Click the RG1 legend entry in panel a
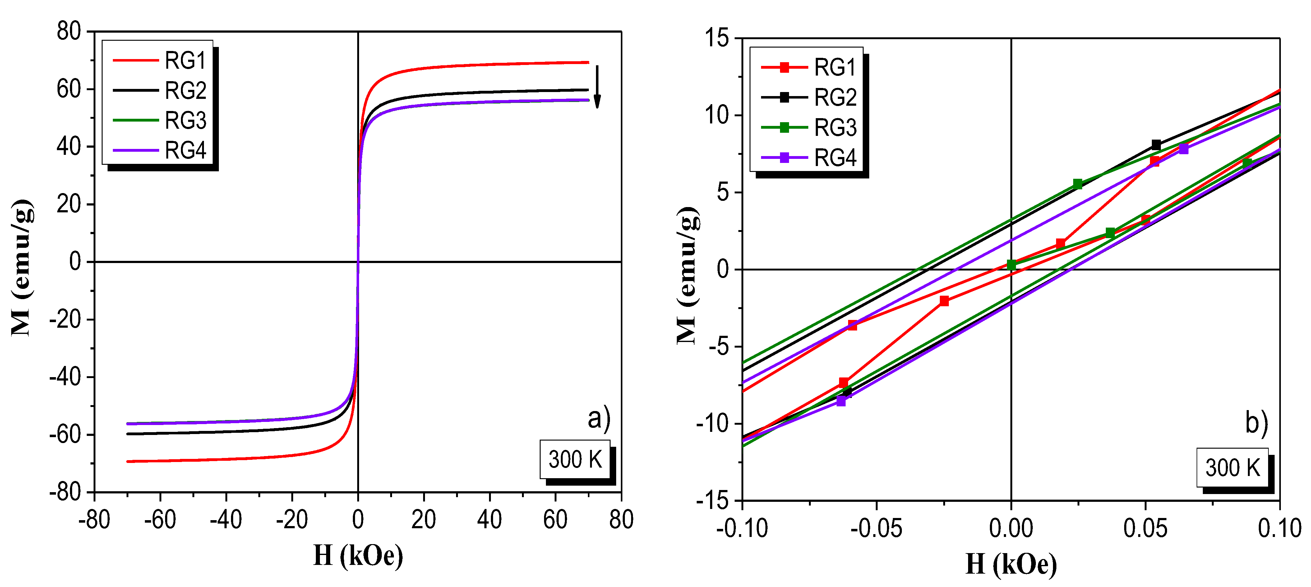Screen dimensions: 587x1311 click(x=159, y=61)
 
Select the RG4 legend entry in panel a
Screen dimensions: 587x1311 click(x=159, y=150)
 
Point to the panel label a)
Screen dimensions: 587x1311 click(x=598, y=418)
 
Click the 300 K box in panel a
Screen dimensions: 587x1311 click(x=575, y=459)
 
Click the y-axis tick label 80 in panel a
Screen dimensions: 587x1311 click(x=69, y=32)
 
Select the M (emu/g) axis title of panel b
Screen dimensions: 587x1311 click(x=688, y=275)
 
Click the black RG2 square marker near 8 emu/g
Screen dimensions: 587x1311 click(x=1156, y=145)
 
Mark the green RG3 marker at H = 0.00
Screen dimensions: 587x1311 click(x=1011, y=265)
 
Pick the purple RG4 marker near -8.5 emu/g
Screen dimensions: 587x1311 click(x=841, y=401)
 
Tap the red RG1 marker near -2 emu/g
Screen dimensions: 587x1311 click(x=944, y=301)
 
